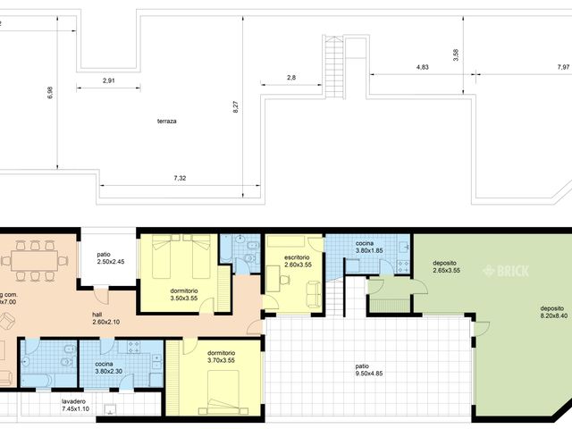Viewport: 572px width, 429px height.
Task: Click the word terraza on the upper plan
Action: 165,121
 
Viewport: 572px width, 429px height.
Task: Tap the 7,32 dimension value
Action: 180,178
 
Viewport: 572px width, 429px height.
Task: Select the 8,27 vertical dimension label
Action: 236,105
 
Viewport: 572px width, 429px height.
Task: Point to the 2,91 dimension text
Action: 108,80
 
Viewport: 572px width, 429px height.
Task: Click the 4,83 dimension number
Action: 422,67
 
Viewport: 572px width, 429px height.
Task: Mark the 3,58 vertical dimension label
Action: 456,53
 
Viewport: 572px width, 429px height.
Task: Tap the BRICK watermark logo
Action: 506,270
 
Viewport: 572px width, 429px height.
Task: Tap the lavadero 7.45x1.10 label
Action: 80,405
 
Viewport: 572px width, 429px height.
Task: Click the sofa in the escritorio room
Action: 314,293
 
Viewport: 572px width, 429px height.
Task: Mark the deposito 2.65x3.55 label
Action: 445,266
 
